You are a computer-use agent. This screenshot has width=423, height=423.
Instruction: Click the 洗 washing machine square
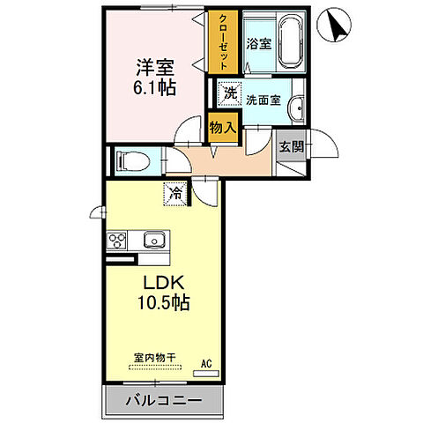pyautogui.click(x=229, y=93)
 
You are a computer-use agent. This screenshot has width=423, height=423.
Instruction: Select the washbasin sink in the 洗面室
pyautogui.click(x=297, y=107)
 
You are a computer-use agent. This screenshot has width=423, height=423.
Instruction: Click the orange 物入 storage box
pyautogui.click(x=223, y=128)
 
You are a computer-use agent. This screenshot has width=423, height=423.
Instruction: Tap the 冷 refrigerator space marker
pyautogui.click(x=175, y=191)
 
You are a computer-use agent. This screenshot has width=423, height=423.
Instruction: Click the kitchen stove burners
pyautogui.click(x=117, y=240)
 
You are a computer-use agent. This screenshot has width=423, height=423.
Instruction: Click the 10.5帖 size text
pyautogui.click(x=163, y=302)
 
